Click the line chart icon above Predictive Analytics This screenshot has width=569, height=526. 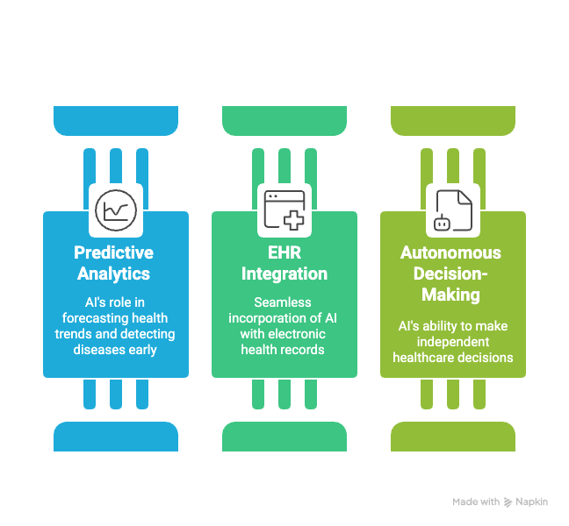[x=116, y=210]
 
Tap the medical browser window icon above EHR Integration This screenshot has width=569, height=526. [x=284, y=210]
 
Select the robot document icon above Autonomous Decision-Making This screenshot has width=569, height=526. [x=453, y=210]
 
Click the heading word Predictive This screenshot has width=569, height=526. [x=113, y=253]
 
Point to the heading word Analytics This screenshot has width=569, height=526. [x=112, y=274]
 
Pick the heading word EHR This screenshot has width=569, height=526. [x=284, y=253]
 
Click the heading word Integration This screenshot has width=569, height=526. [x=284, y=274]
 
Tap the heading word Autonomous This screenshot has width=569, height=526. [x=451, y=253]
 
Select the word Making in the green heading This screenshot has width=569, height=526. [x=451, y=295]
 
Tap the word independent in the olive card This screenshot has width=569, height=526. [x=452, y=342]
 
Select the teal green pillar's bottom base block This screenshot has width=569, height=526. [x=284, y=436]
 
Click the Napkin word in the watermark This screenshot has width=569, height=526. [x=531, y=501]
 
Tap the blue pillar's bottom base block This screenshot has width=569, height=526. [x=116, y=436]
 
